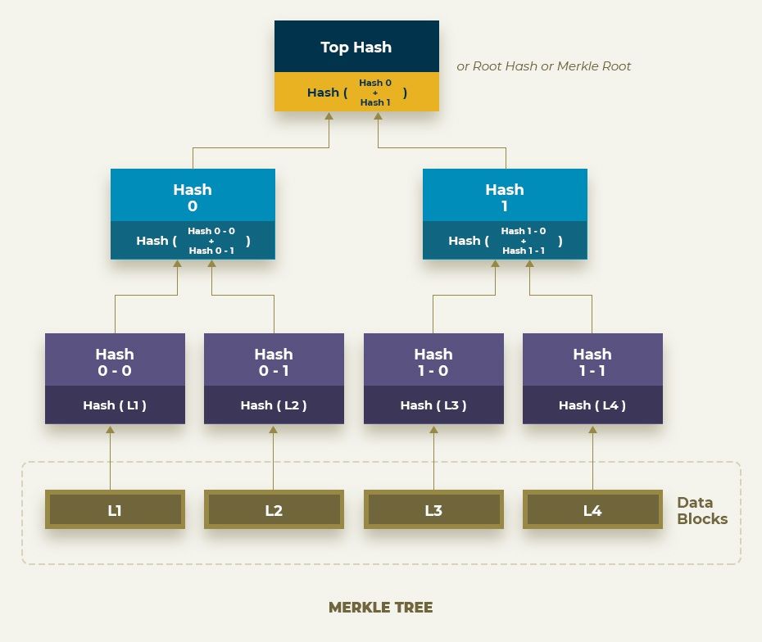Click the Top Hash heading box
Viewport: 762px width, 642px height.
[x=356, y=47]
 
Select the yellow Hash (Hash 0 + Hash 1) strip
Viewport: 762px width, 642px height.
[x=356, y=93]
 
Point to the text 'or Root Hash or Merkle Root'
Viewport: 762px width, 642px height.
[x=543, y=66]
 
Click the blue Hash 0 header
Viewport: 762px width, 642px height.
[x=193, y=197]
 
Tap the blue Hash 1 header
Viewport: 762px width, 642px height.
[x=505, y=197]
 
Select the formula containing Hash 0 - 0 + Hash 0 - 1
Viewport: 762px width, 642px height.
[x=193, y=241]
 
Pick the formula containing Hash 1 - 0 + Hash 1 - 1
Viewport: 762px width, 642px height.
[x=505, y=241]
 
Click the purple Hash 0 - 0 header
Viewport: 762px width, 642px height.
[x=115, y=361]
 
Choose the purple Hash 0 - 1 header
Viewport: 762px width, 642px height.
[x=274, y=361]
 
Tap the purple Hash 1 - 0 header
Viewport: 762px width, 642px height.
[x=433, y=361]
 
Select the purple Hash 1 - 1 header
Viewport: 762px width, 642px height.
[x=592, y=361]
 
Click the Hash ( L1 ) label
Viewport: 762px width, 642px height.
[x=115, y=405]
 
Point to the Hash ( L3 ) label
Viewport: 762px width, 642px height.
[x=433, y=405]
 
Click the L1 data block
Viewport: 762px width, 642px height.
[x=115, y=510]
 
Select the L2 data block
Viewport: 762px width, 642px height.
[x=274, y=510]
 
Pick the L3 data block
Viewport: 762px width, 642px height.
[x=433, y=510]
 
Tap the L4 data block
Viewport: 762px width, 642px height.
[x=592, y=510]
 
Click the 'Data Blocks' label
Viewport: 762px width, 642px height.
[x=701, y=510]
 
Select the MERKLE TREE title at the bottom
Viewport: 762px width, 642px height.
[x=380, y=608]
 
